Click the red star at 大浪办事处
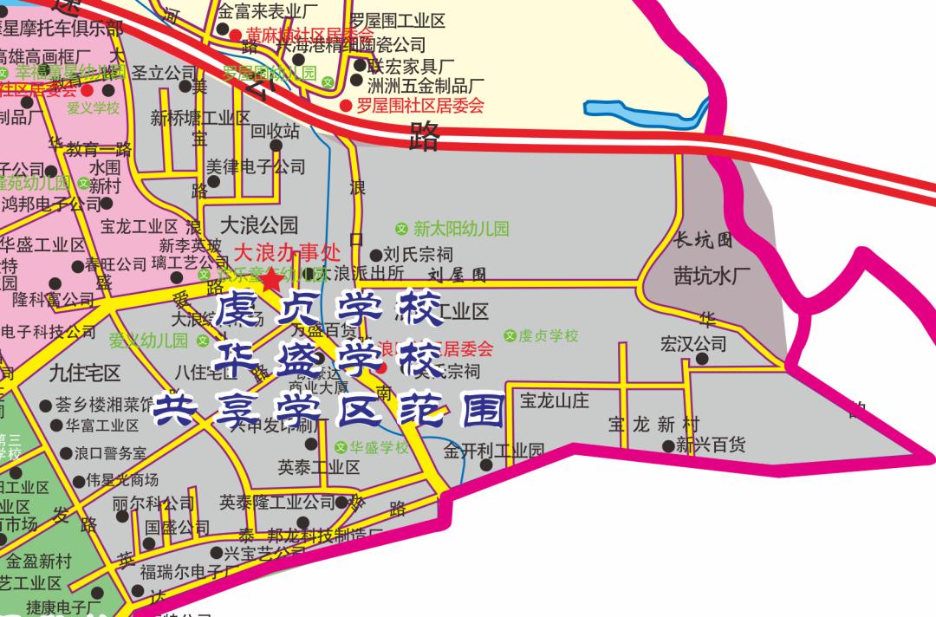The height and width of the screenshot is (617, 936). pos(272,279)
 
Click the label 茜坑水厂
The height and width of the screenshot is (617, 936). pos(712,276)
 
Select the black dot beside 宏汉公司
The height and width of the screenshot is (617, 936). pos(701,359)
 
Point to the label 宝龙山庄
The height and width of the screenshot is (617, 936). pos(555,400)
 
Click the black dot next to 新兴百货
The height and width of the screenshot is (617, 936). pos(668,447)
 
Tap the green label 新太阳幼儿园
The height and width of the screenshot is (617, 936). pos(460,229)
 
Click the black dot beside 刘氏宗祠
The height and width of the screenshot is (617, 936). pos(376,256)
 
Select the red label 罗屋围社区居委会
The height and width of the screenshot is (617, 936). pos(419,106)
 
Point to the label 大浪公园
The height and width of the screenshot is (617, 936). pos(258,225)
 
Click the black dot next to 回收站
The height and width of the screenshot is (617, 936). pos(276,146)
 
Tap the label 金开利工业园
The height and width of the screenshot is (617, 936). pos(494,451)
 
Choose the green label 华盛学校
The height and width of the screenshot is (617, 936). pos(379,447)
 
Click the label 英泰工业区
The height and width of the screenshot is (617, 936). pos(318,468)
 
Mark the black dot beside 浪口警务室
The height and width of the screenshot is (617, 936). pos(67,453)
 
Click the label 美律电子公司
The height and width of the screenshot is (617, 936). pos(256,166)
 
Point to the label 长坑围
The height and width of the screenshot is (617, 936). pos(703,240)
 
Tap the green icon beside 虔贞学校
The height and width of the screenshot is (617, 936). pos(510,335)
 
